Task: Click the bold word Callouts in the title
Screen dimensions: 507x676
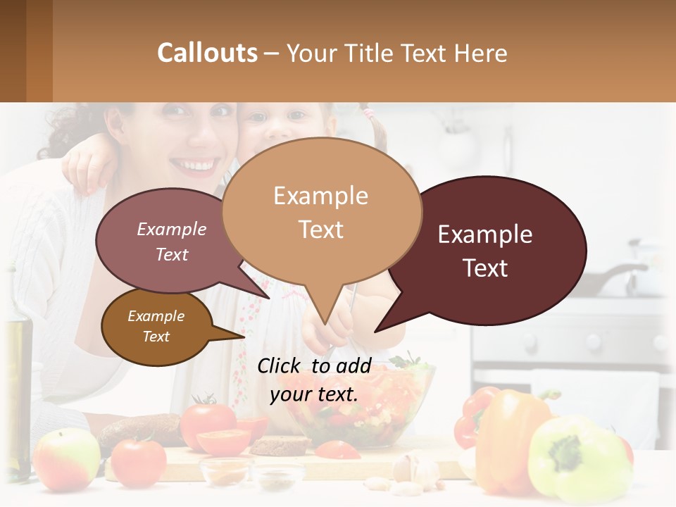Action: tap(207, 53)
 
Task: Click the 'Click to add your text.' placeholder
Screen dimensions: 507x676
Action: tap(314, 380)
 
